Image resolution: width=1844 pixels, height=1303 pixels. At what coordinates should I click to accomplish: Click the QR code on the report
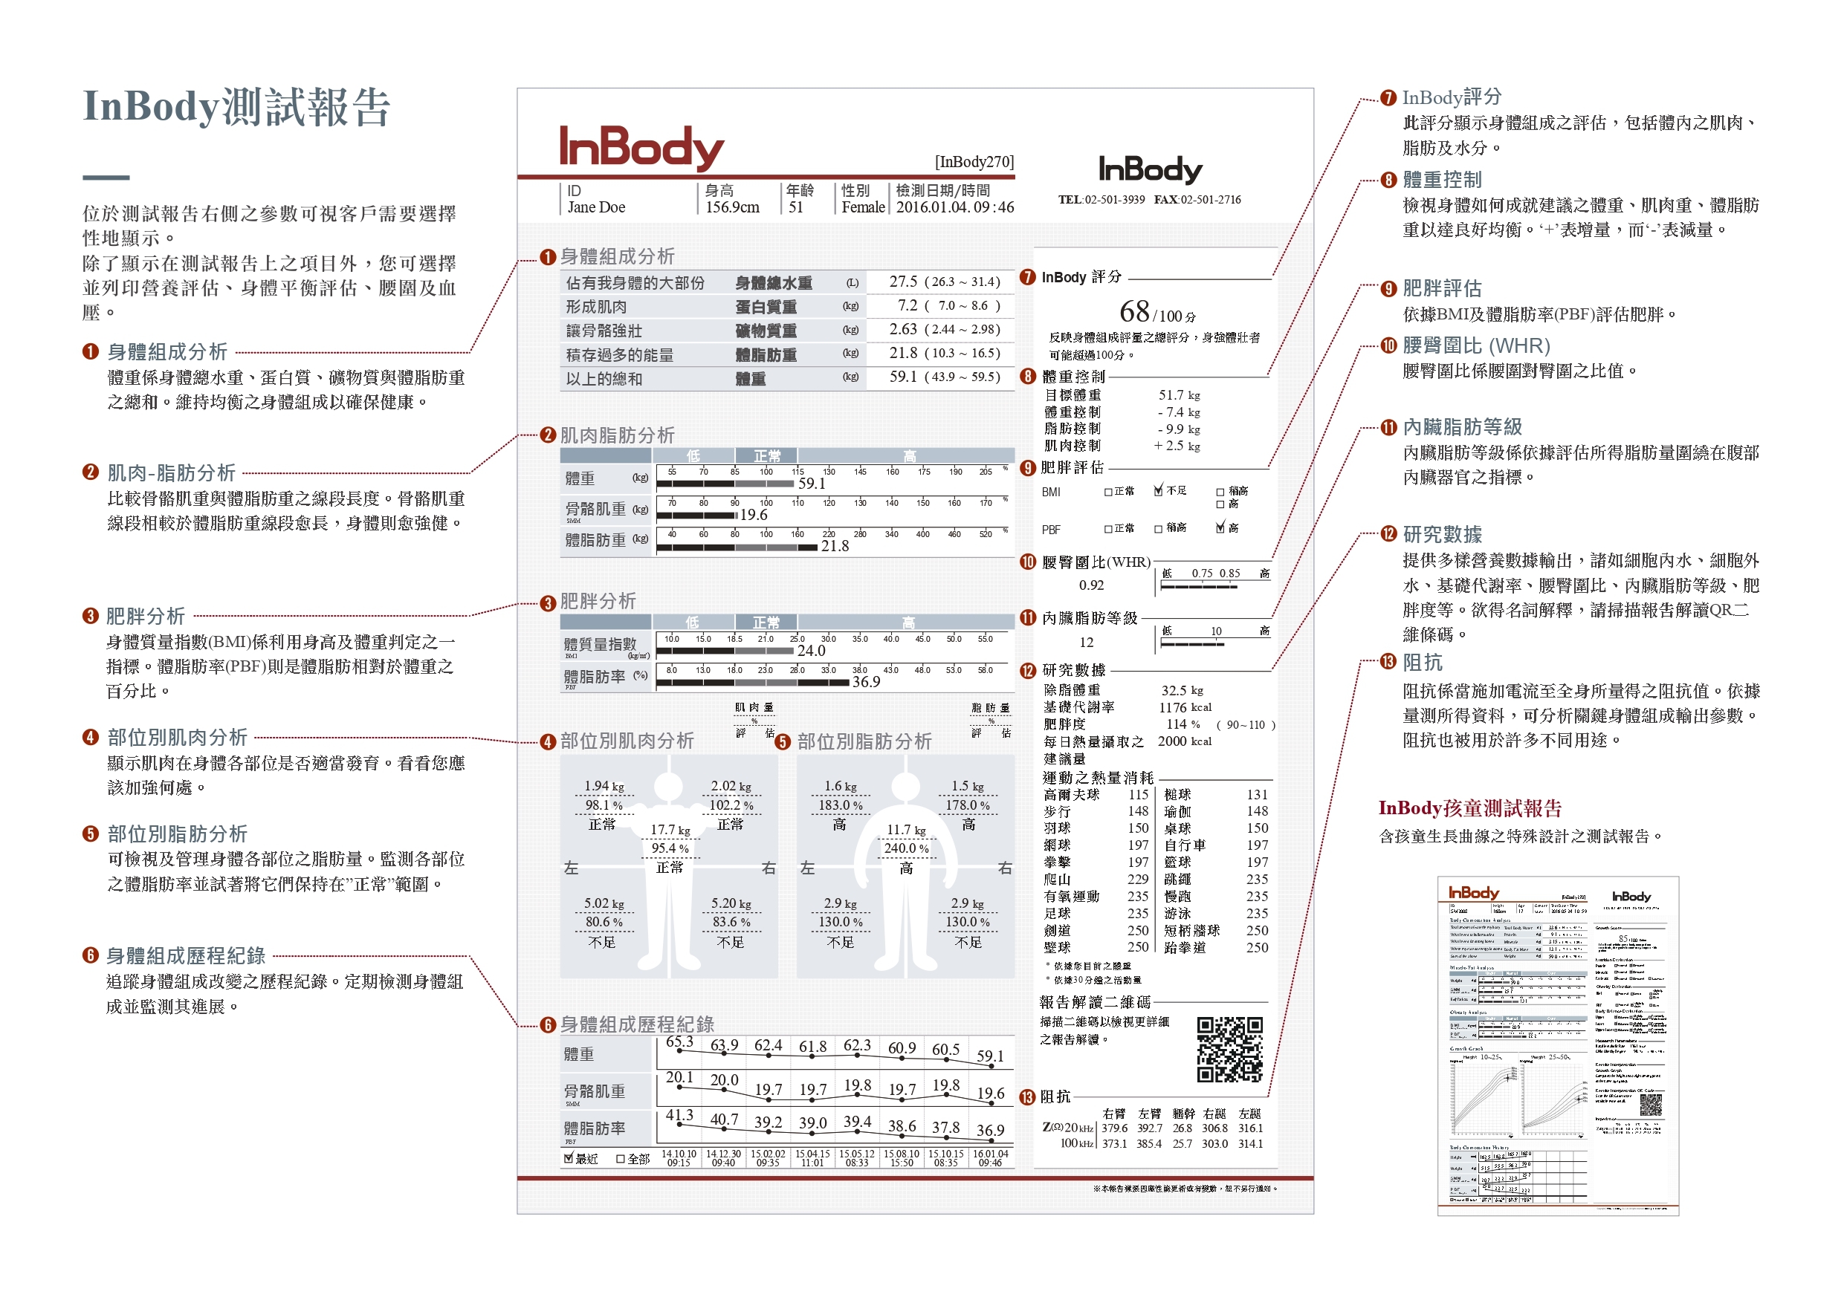1229,1049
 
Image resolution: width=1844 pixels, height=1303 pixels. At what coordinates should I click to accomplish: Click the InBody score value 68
1134,311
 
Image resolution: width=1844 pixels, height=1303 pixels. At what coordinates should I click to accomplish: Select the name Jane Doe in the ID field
596,207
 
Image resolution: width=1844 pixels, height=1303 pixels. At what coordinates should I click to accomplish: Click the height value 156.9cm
731,207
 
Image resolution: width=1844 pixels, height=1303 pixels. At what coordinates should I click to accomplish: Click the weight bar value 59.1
811,484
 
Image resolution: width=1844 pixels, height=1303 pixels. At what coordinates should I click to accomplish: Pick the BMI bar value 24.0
810,650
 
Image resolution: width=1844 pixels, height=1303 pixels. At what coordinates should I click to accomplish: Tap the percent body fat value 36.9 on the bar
866,682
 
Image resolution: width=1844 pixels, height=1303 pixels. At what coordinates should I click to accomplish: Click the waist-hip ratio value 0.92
1092,585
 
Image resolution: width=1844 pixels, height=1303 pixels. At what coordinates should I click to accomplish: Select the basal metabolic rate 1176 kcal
1185,707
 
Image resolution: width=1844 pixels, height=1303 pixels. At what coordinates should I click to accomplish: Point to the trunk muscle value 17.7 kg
670,829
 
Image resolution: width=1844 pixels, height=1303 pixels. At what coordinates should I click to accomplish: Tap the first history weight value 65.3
679,1042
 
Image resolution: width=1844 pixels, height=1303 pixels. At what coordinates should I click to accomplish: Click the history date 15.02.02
767,1154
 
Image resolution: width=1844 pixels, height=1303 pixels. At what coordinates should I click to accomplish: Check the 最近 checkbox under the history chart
569,1158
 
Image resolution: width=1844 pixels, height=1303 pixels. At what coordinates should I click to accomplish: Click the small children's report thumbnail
1557,1044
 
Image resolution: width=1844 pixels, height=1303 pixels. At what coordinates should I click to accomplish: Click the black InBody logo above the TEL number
1150,169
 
